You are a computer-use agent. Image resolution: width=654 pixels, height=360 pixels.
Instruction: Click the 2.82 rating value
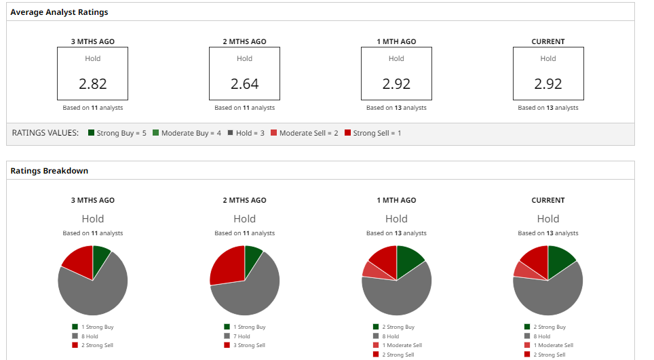93,84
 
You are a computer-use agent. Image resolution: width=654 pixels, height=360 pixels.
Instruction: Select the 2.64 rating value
245,84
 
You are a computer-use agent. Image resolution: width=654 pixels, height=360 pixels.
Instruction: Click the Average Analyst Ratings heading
59,12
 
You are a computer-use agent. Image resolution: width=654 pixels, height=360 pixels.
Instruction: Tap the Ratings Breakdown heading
49,171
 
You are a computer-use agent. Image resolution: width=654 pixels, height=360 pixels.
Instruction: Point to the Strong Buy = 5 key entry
117,134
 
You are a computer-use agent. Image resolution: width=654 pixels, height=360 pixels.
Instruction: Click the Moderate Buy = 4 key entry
187,134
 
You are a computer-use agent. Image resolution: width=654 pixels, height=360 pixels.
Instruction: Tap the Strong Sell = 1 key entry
372,134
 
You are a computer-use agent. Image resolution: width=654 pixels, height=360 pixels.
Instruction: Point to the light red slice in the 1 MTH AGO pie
370,269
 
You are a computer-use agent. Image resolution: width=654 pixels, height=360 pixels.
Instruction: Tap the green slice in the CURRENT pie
560,259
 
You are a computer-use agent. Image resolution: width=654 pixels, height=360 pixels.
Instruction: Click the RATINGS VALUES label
45,134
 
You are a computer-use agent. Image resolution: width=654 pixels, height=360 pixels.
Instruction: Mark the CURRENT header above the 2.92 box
548,41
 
